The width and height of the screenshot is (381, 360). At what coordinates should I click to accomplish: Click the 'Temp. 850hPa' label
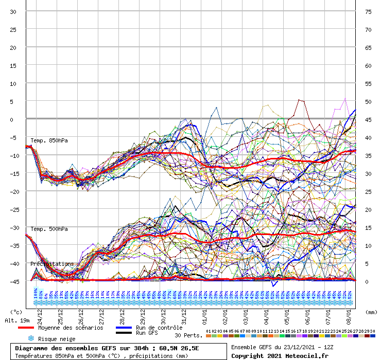pos(49,140)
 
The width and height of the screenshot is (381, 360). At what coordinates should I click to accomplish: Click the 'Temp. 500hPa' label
pos(49,229)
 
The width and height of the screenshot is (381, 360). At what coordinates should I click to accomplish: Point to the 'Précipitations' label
pos(52,264)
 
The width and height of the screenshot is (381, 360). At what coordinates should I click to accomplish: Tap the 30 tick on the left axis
pos(13,12)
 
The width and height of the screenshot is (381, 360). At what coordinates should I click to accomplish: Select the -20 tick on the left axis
pos(13,191)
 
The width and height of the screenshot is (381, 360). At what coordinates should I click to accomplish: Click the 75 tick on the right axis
pos(368,12)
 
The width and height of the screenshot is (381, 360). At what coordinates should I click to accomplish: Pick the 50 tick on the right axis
pos(368,102)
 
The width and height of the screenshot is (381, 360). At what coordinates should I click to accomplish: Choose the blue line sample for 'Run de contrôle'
pos(124,328)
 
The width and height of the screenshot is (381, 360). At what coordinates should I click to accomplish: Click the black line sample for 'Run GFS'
pos(124,333)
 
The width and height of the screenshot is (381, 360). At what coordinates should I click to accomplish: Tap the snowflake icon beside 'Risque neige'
pos(30,338)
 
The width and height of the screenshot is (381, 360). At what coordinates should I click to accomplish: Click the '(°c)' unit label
pos(16,312)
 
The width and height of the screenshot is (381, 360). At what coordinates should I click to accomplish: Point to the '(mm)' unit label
pos(371,312)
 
